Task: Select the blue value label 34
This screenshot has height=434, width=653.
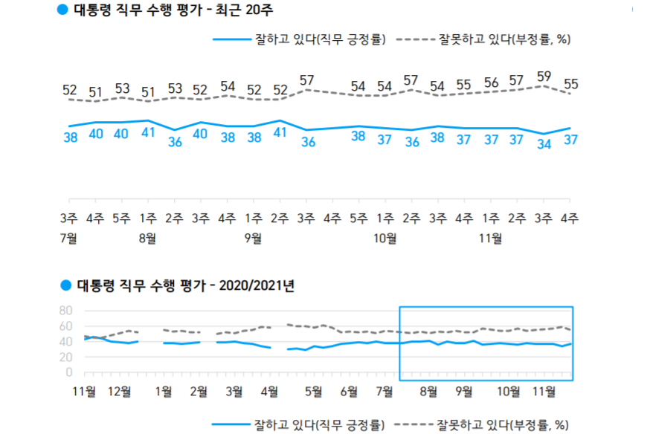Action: pyautogui.click(x=544, y=144)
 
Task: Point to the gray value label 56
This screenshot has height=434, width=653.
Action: pyautogui.click(x=491, y=82)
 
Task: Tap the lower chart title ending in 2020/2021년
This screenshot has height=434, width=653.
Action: pyautogui.click(x=183, y=285)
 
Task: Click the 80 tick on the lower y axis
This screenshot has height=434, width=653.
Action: pyautogui.click(x=65, y=311)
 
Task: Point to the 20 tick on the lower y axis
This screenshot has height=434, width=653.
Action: pyautogui.click(x=65, y=357)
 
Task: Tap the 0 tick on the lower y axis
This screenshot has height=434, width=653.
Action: pyautogui.click(x=69, y=372)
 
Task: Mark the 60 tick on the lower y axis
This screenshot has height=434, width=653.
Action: pyautogui.click(x=65, y=326)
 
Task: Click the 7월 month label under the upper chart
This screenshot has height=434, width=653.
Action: pyautogui.click(x=69, y=239)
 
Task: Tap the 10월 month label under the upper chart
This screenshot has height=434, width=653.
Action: pyautogui.click(x=385, y=239)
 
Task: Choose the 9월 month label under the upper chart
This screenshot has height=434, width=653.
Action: pyautogui.click(x=253, y=239)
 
